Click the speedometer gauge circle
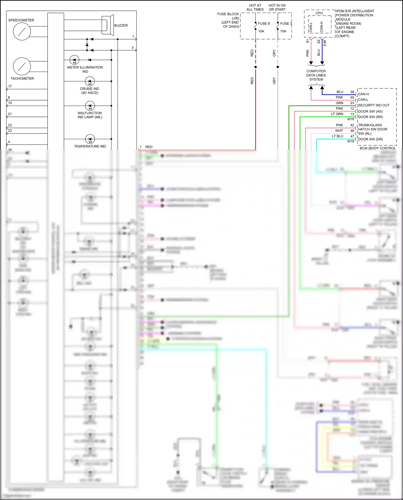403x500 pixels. [22, 31]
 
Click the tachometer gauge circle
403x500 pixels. [22, 66]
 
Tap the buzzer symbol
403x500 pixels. [107, 25]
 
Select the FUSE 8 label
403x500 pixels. [264, 24]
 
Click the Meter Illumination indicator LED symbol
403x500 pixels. [74, 60]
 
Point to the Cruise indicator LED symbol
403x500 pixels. [90, 81]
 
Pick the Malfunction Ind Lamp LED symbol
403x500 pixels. [90, 106]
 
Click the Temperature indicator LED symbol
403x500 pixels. [90, 139]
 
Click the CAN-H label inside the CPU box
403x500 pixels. [322, 27]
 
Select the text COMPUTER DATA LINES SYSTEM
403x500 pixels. [316, 75]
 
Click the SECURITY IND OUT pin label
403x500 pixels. [373, 105]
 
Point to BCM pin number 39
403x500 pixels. [352, 92]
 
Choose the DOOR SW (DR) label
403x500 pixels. [370, 139]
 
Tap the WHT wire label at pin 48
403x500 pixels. [339, 131]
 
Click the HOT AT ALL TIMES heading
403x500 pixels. [255, 7]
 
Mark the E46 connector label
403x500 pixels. [325, 43]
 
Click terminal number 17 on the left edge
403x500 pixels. [10, 86]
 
